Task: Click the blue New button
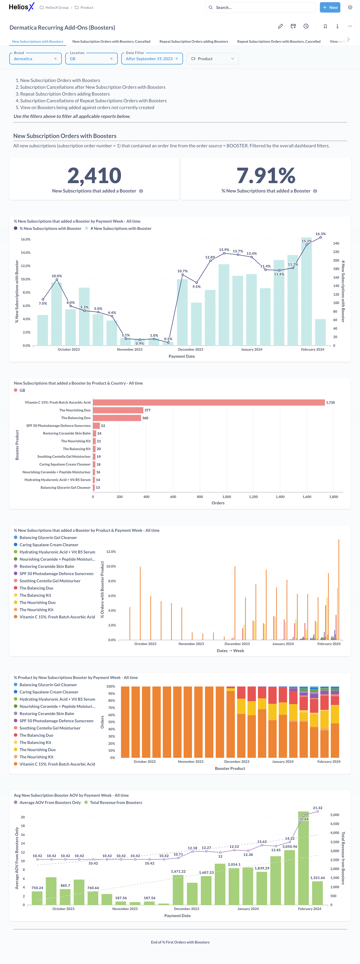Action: (330, 8)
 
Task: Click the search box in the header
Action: (260, 8)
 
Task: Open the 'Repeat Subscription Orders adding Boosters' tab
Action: (193, 42)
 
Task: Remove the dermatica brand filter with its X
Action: (55, 59)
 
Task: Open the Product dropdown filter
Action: (213, 59)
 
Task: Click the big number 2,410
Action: (94, 175)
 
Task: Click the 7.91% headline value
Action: (266, 175)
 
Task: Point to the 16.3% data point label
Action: (320, 234)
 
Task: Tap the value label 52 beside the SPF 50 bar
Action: (103, 426)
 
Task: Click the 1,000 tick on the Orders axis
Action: (227, 497)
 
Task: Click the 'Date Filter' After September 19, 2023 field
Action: (152, 59)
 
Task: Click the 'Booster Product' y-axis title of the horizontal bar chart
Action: (17, 445)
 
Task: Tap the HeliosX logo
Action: (21, 7)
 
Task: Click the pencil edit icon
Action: (280, 26)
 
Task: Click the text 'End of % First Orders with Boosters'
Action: (180, 942)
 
